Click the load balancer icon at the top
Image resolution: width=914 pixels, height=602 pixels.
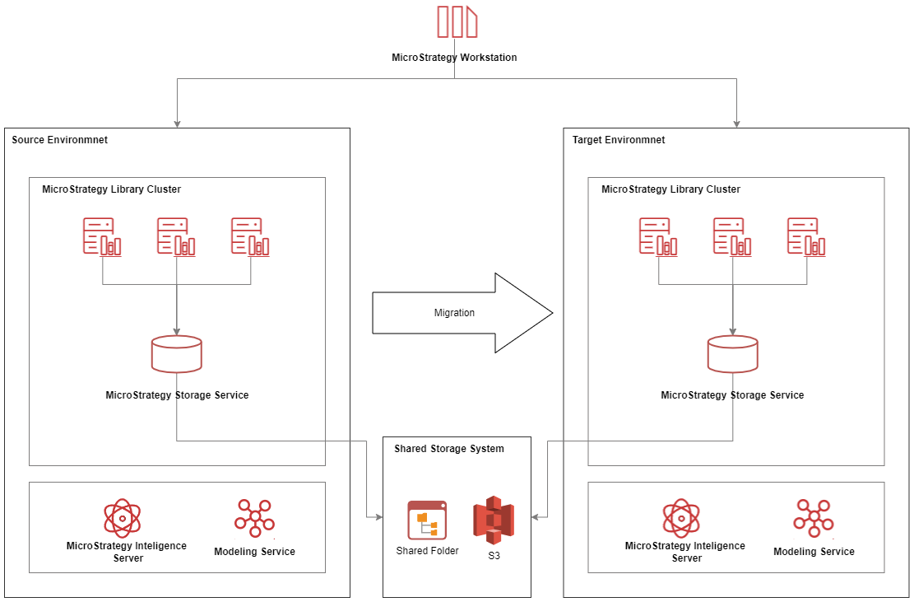(457, 21)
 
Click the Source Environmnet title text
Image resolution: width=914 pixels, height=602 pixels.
(59, 140)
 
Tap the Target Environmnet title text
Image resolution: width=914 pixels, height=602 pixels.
(619, 140)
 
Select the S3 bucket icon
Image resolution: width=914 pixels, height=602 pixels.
(493, 520)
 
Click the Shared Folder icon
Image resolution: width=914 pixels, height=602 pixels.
(427, 520)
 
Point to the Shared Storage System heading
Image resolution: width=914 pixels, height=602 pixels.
(449, 449)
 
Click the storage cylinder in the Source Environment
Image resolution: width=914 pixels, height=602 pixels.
(177, 354)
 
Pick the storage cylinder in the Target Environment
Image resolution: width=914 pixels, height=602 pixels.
(733, 354)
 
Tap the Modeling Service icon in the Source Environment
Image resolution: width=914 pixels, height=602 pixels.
(254, 519)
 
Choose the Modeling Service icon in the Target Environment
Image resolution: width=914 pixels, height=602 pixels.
(814, 519)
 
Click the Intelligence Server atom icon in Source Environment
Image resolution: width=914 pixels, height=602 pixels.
(123, 518)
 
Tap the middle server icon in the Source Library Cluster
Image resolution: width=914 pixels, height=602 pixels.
(176, 236)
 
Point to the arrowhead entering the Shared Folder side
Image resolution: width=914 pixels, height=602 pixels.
(379, 517)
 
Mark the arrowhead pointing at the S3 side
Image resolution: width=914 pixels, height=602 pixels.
(536, 517)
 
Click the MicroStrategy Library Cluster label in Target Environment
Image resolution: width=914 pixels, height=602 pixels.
(670, 189)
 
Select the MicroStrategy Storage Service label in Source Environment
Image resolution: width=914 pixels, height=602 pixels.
(177, 395)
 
